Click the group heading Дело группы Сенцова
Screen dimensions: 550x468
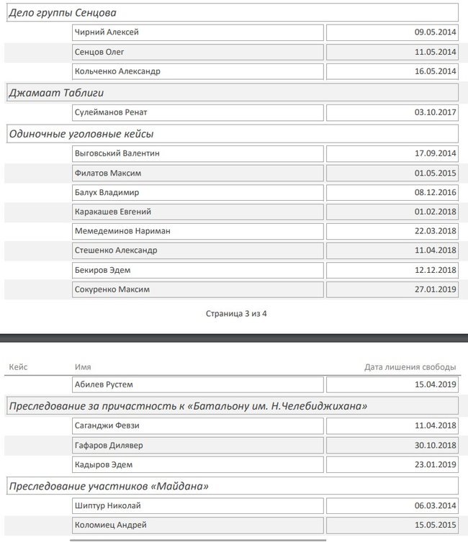click(x=63, y=13)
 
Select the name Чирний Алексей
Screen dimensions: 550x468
click(x=107, y=32)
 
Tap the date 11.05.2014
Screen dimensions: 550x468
click(x=436, y=52)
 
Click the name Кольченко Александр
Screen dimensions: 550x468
click(x=117, y=71)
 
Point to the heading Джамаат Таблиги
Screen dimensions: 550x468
click(x=51, y=93)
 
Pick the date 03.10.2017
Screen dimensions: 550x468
click(x=436, y=112)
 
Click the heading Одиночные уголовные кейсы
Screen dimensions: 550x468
click(x=81, y=134)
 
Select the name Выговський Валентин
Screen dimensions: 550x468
click(x=117, y=153)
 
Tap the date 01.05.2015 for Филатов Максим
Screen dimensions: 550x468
click(x=436, y=173)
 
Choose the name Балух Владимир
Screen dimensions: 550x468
click(x=107, y=192)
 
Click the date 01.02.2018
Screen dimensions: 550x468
click(x=436, y=212)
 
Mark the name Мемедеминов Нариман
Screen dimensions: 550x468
click(x=122, y=231)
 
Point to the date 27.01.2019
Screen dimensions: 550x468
click(x=436, y=289)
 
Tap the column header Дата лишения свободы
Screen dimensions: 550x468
click(x=410, y=367)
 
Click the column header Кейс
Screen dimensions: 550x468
click(x=18, y=367)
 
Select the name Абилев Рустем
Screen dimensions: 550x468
click(x=104, y=384)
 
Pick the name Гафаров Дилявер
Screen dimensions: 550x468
click(x=109, y=445)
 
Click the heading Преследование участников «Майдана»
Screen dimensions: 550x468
click(x=109, y=487)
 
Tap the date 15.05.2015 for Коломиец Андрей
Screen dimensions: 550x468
click(x=436, y=526)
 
